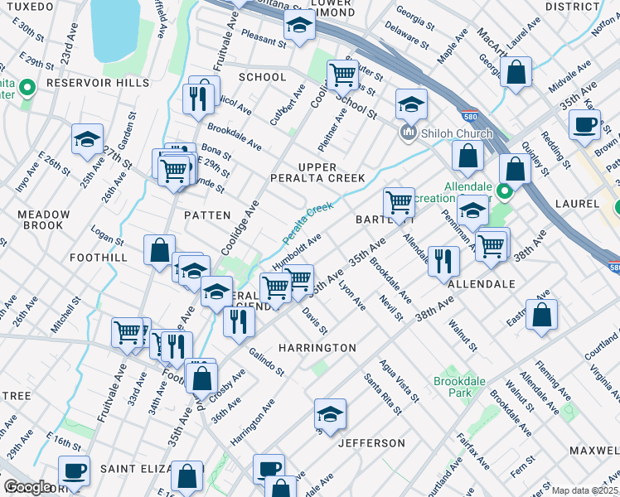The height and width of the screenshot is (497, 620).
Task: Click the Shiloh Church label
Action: point(456,133)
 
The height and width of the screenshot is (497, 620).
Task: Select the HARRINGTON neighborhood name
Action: point(317,348)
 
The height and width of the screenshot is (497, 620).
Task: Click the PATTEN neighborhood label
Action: point(206,215)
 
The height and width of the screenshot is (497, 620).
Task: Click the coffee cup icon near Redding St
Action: point(585,124)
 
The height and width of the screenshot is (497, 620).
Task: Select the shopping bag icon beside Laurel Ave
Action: point(516,72)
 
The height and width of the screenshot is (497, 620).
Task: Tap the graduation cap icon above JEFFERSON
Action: point(330,414)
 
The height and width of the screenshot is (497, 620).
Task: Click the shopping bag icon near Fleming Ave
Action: point(541,315)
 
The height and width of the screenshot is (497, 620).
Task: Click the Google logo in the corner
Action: point(28,487)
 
